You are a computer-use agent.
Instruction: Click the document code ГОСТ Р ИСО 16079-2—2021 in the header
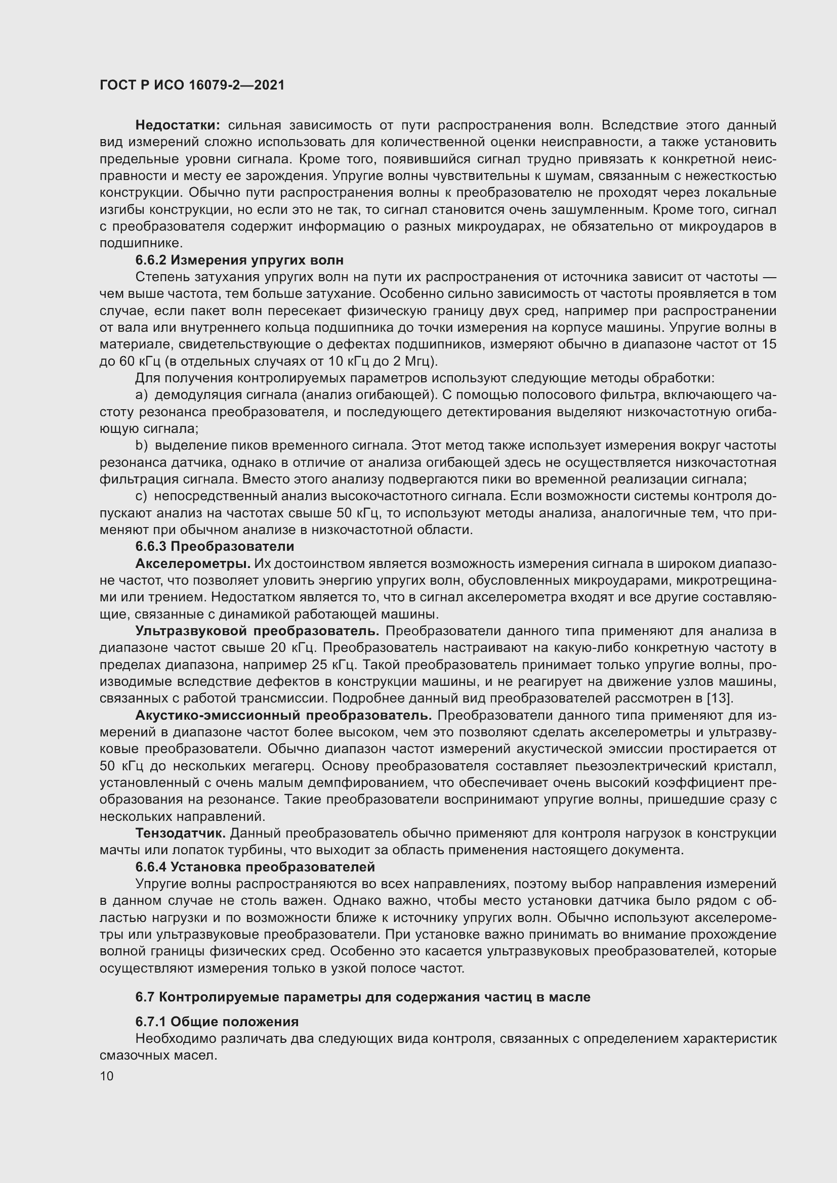(x=192, y=85)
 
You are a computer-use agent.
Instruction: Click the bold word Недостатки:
(x=178, y=125)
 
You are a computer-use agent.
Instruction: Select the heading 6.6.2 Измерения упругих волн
(x=239, y=260)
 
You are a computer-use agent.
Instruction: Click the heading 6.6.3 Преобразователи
(x=215, y=547)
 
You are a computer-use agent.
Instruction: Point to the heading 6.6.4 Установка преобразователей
(x=255, y=867)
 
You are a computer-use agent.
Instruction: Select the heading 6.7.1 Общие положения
(x=217, y=1022)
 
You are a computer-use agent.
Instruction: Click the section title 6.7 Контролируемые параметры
(x=362, y=997)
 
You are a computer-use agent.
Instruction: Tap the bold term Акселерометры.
(x=193, y=563)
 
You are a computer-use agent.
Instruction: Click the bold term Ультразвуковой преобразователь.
(x=257, y=631)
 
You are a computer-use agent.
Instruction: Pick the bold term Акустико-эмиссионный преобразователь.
(x=283, y=716)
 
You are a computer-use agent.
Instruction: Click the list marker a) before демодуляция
(x=141, y=395)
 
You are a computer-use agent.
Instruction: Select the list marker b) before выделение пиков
(x=141, y=446)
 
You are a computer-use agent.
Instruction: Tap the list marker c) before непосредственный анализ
(x=141, y=496)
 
